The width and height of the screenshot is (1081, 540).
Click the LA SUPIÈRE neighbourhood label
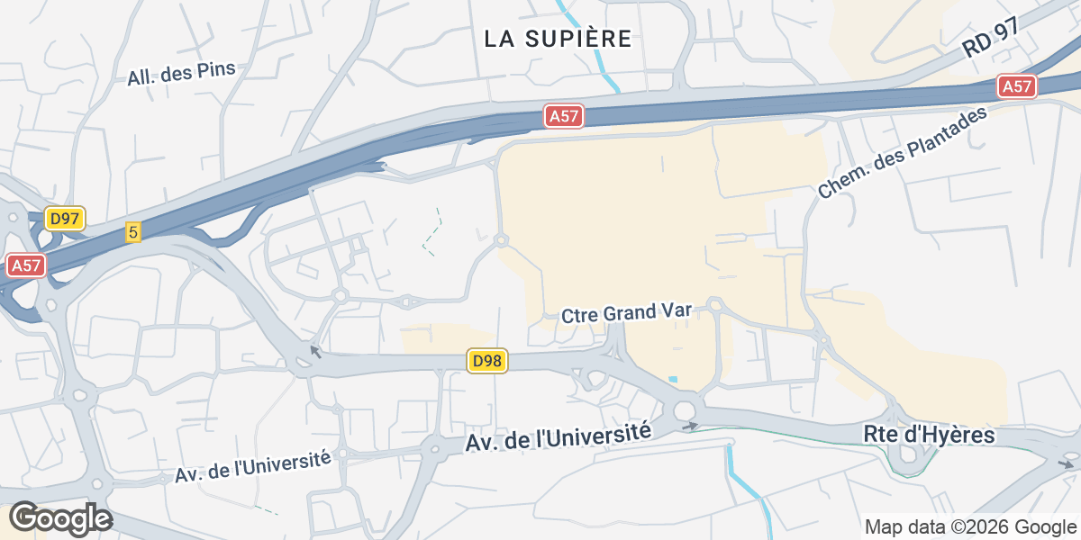coord(558,39)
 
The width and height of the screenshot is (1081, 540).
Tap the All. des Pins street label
coord(181,74)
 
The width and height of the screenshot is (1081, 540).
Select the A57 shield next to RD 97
coord(1017,87)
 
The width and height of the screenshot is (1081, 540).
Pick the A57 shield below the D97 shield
coord(26,265)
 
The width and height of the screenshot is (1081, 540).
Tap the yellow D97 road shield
coord(65,219)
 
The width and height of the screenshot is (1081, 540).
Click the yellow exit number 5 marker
coord(133,232)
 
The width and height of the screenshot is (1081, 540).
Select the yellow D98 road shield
coord(487,362)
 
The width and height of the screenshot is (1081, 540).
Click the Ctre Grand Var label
coord(626,313)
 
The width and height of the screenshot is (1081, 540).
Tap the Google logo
coord(60,518)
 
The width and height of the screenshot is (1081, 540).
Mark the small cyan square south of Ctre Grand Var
coord(673,378)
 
